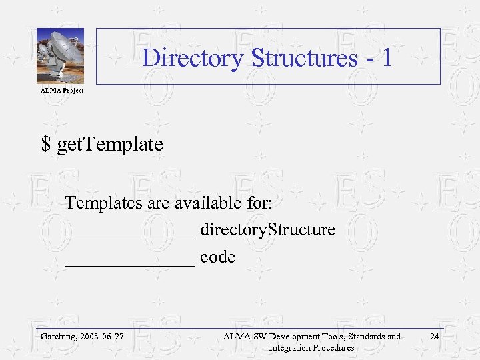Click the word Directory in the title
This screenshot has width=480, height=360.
coord(193,58)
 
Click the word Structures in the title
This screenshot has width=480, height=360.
coord(304,58)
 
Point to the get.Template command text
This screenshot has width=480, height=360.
coord(110,144)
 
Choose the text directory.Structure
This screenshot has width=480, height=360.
coord(267,230)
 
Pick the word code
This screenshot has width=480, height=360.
coord(217,257)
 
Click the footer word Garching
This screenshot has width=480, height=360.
coord(58,337)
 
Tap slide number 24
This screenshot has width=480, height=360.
coord(435,336)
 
